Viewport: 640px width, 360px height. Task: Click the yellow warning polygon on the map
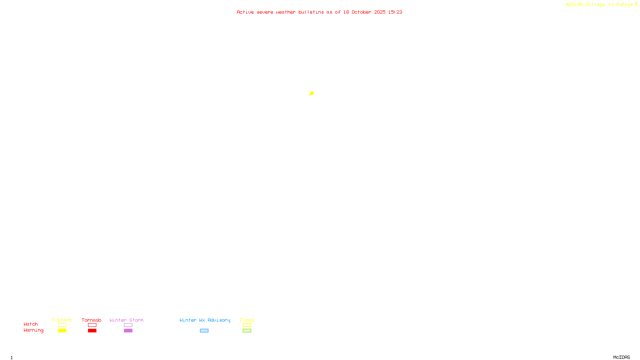[312, 93]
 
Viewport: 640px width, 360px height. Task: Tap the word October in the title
[361, 12]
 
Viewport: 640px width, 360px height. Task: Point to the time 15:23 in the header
[395, 12]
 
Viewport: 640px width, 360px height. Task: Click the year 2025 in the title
[380, 12]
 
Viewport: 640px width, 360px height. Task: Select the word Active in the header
[245, 12]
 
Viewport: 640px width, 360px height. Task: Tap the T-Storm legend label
[62, 320]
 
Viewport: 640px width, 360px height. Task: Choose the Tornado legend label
[92, 320]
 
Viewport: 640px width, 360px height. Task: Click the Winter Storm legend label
[126, 320]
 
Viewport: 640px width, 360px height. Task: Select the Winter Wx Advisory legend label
[205, 320]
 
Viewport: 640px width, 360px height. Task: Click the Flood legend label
[247, 320]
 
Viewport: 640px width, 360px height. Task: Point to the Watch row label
[31, 324]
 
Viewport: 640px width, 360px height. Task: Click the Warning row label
[33, 330]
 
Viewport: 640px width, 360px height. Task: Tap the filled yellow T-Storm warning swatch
[62, 330]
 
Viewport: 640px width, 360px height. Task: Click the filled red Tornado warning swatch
[92, 330]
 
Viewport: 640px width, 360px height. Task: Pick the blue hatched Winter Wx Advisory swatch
[204, 330]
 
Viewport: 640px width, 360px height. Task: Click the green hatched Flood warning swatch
[247, 330]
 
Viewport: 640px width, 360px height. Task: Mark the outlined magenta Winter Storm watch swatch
[128, 325]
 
